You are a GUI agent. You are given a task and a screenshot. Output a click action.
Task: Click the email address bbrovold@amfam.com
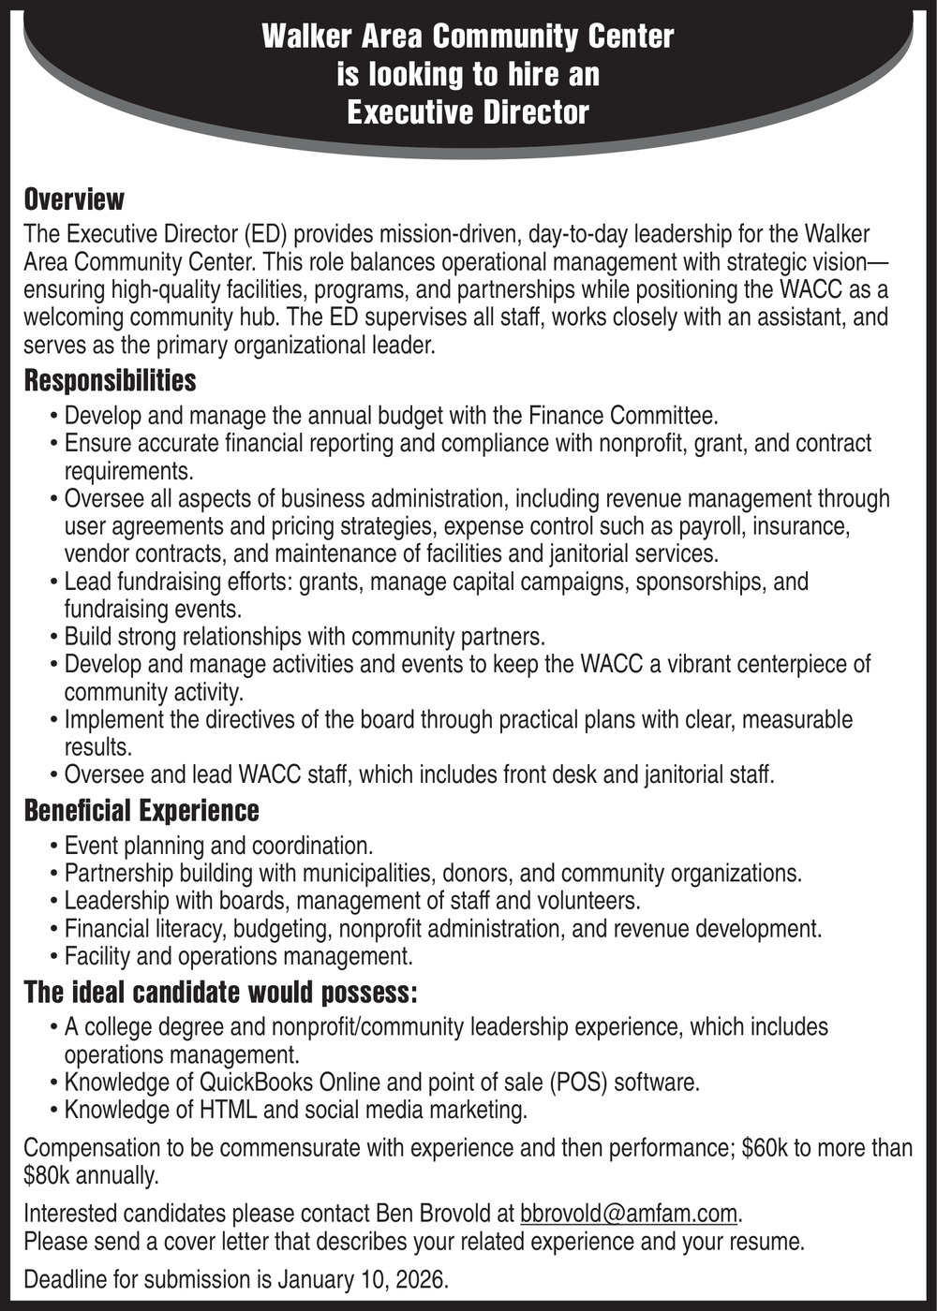tap(629, 1214)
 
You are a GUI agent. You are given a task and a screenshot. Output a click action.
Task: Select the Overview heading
tap(74, 199)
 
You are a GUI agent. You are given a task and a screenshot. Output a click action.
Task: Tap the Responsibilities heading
tap(110, 380)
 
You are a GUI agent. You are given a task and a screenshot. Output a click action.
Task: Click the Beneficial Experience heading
tap(141, 810)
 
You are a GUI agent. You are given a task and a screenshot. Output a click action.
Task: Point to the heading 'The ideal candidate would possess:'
tap(220, 992)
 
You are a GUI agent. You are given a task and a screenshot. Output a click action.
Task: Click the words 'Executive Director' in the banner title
tap(468, 112)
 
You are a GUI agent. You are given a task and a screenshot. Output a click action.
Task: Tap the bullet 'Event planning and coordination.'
tap(218, 846)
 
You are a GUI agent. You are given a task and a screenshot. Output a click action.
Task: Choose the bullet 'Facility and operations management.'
tap(238, 956)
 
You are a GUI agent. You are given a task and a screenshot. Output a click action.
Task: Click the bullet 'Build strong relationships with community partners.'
tap(305, 637)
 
